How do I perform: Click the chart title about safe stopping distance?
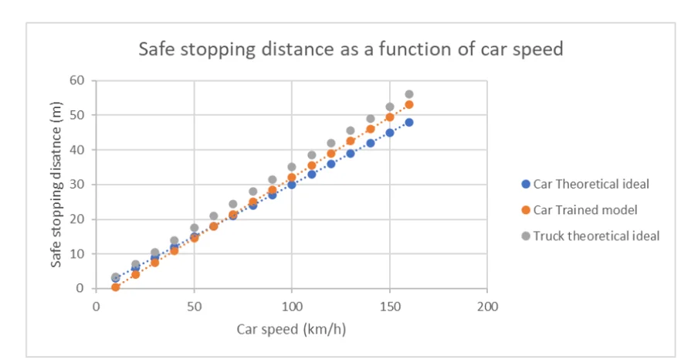pos(351,50)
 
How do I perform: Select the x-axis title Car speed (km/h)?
pos(292,328)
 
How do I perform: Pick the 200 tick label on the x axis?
pos(486,306)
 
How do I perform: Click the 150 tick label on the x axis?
pos(389,306)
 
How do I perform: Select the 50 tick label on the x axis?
pos(194,306)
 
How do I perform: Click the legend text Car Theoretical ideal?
pos(591,184)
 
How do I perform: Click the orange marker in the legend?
pos(525,210)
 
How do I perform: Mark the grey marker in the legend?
pos(525,236)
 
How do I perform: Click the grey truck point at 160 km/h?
pos(409,94)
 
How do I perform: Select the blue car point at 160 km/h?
pos(409,122)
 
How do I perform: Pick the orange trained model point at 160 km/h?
pos(409,104)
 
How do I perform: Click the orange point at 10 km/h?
pos(116,287)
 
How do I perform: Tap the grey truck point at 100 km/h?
pos(292,167)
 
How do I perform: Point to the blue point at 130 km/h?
pos(351,153)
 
